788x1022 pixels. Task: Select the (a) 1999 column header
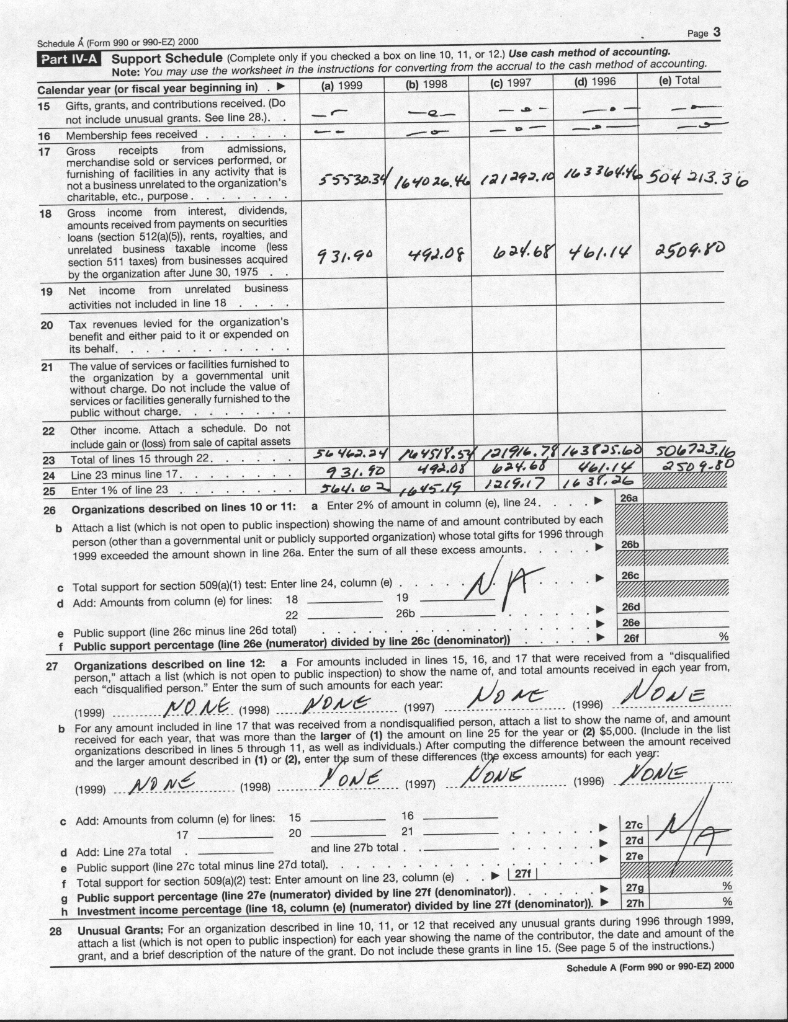341,85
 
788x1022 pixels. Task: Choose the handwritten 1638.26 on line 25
597,482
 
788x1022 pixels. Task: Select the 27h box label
634,904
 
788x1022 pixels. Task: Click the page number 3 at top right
717,33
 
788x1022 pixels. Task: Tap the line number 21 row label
47,367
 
